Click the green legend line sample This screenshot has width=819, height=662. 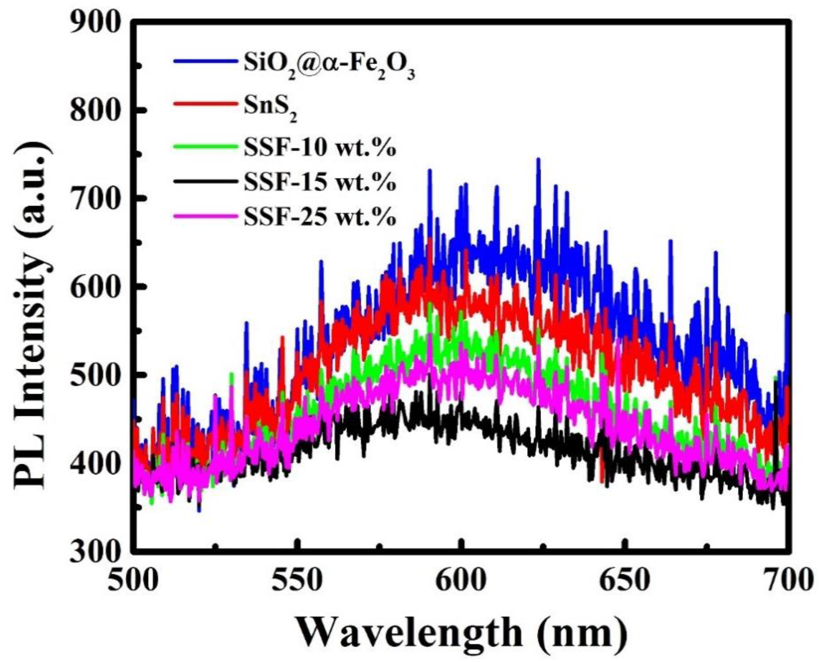click(x=204, y=147)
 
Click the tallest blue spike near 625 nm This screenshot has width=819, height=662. click(x=538, y=160)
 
